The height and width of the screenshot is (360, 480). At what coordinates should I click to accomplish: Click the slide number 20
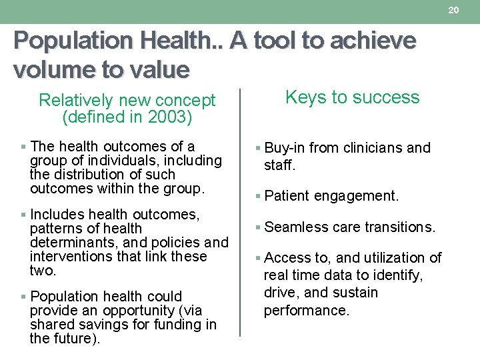pyautogui.click(x=454, y=10)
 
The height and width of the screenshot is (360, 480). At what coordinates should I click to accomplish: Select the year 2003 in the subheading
pyautogui.click(x=167, y=117)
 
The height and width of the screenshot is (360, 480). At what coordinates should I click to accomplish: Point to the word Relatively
pyautogui.click(x=75, y=101)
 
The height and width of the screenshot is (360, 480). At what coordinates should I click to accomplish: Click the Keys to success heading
pyautogui.click(x=353, y=97)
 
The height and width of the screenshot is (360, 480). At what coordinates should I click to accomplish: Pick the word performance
pyautogui.click(x=306, y=310)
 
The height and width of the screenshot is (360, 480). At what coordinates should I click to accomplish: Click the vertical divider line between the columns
pyautogui.click(x=240, y=213)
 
